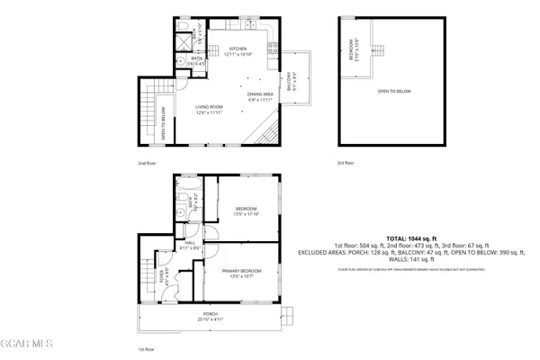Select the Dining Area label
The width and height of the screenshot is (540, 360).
(261, 95)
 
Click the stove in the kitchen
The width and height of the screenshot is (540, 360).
(276, 47)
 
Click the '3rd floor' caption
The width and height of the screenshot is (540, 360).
(346, 163)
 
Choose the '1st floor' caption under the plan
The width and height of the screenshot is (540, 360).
(147, 348)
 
